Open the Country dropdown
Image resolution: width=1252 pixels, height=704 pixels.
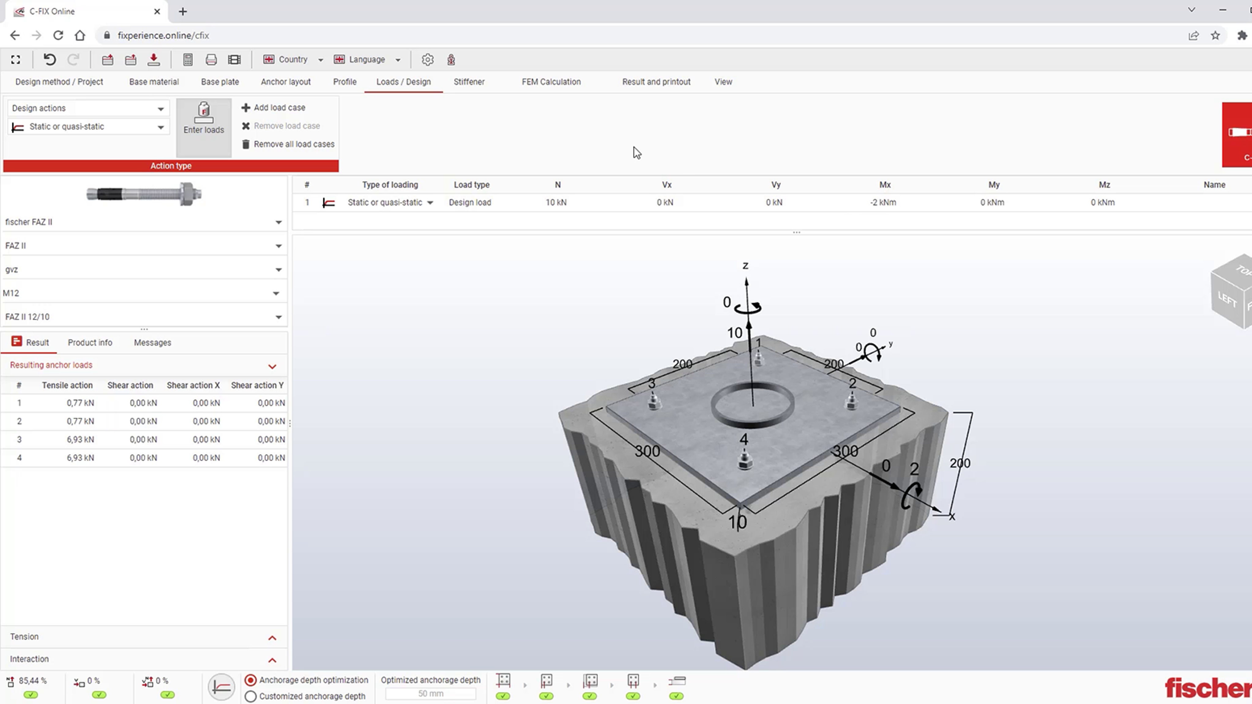293,59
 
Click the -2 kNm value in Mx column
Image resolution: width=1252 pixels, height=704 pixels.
883,202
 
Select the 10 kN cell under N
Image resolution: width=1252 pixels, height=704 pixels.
556,202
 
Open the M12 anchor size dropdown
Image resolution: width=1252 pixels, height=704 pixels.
141,293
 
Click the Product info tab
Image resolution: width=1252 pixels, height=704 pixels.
90,343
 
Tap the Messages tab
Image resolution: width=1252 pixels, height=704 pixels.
152,343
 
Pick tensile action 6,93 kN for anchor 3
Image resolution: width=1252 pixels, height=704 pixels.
80,439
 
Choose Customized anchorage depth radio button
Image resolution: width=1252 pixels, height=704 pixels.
250,696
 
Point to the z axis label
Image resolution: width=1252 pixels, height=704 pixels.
745,266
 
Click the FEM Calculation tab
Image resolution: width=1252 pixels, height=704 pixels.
551,82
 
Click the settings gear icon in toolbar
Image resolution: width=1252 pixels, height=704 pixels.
427,59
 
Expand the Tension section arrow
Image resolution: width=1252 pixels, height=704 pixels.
272,637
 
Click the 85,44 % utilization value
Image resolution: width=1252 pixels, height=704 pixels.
32,681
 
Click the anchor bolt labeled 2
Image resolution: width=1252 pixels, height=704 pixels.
851,401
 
